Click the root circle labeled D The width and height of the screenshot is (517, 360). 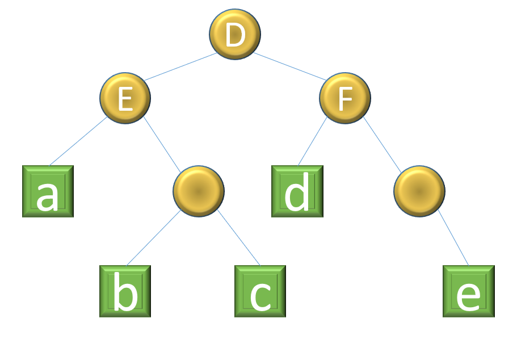pos(234,34)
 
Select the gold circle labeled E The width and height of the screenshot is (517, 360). pos(125,98)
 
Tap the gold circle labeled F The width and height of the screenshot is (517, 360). pos(344,98)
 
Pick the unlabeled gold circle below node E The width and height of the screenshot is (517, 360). pos(198,191)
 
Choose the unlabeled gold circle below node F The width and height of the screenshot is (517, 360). pos(419,191)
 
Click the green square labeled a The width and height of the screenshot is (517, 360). pos(48,191)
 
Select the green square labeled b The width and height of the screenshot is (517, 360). pos(125,291)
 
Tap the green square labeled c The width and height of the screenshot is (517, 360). pos(260,291)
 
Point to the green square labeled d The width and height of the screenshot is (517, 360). pos(297,191)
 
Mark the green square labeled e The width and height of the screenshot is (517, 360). pos(468,291)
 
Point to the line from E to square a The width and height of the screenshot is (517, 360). pos(77,142)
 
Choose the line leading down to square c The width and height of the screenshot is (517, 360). pos(238,238)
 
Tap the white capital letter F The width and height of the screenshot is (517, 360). pos(344,99)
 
